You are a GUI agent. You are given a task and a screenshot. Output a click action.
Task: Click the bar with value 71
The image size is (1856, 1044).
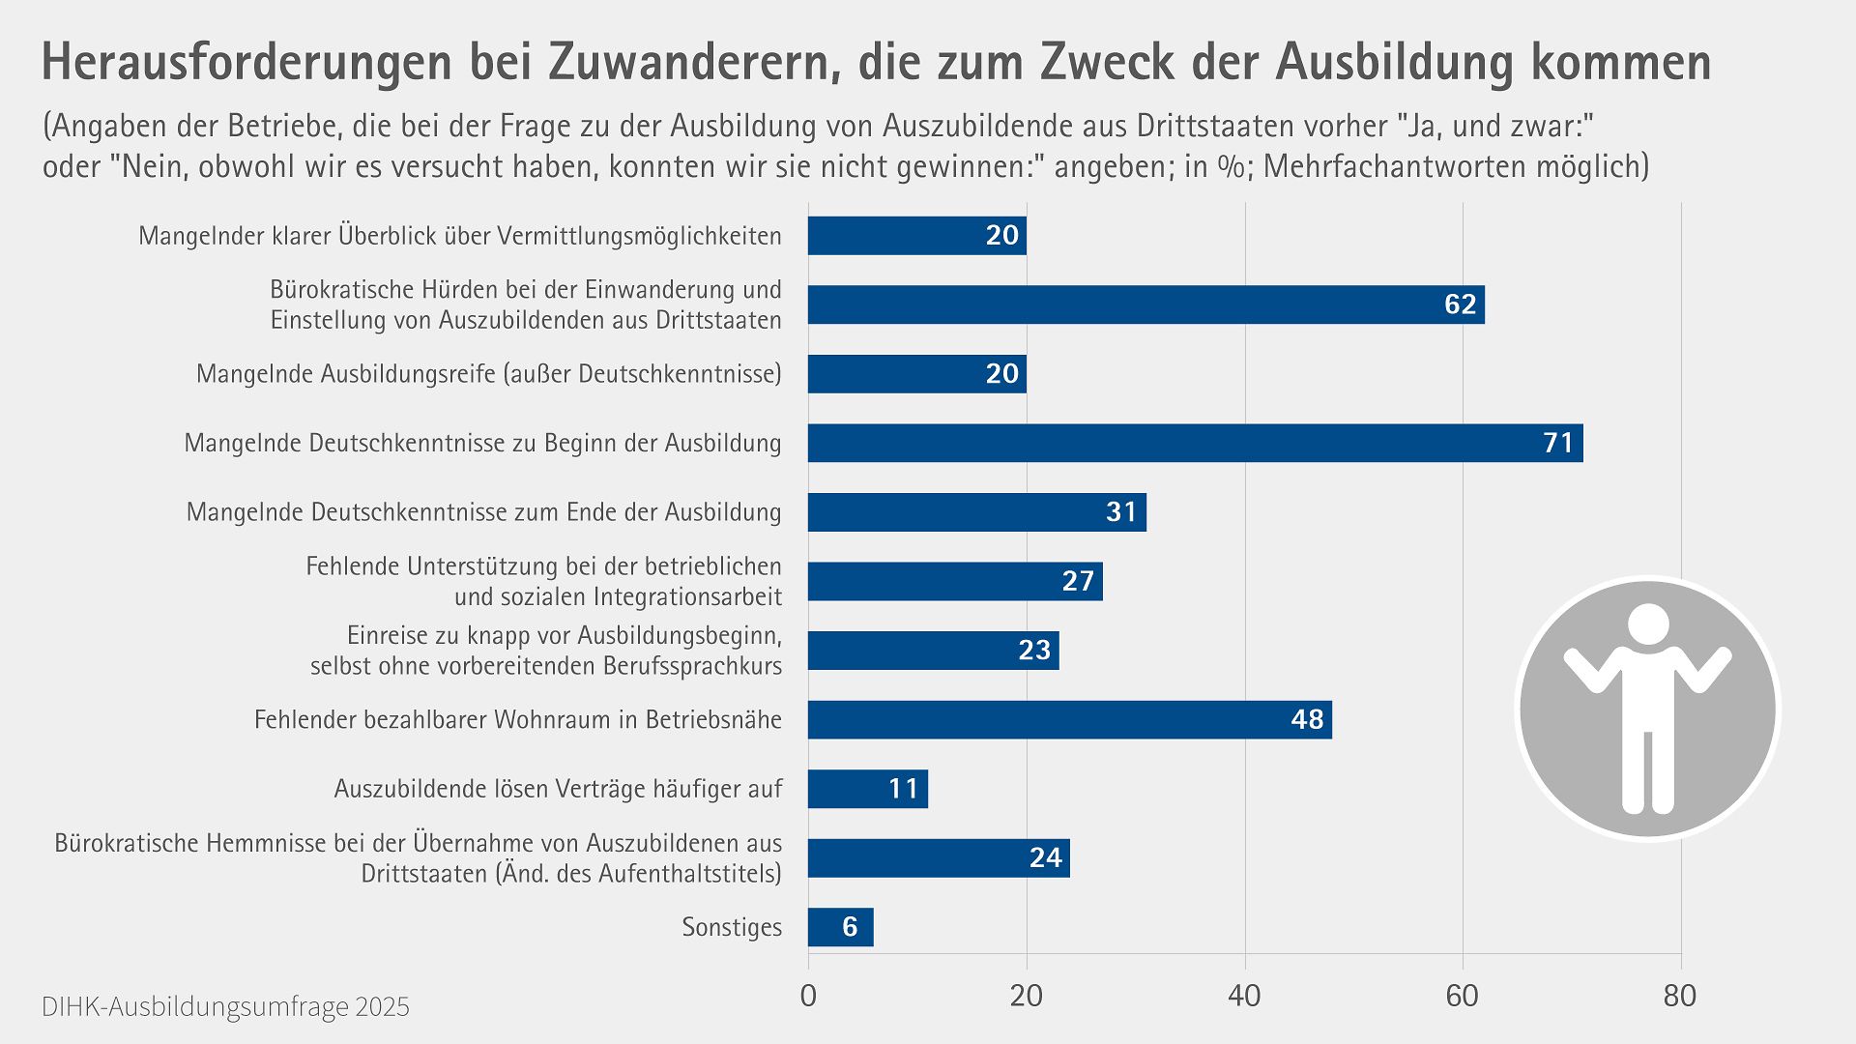pos(1195,443)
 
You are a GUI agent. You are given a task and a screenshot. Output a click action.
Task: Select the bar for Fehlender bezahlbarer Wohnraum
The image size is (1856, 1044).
pos(1069,720)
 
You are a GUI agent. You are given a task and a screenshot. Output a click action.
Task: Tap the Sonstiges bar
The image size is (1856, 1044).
pos(840,927)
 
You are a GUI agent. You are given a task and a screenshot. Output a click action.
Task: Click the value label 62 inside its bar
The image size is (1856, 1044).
pos(1460,304)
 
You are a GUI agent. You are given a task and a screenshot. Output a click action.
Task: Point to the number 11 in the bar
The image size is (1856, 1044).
pos(903,789)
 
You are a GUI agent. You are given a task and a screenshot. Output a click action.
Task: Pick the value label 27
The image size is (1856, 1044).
pos(1077,581)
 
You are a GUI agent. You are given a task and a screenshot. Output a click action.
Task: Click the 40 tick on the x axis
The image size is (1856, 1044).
pos(1244,996)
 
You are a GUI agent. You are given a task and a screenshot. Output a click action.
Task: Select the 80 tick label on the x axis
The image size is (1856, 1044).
pos(1680,996)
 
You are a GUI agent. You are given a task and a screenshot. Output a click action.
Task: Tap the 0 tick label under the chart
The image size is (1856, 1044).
pos(808,996)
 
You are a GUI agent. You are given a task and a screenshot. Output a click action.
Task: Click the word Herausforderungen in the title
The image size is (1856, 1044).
pos(246,62)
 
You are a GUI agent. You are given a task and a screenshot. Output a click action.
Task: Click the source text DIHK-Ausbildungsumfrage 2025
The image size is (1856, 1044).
pos(225,1007)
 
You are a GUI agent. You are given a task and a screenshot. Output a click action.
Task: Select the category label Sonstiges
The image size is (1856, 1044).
pos(732,927)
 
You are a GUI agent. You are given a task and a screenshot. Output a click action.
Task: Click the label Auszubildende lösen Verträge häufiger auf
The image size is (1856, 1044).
pos(558,789)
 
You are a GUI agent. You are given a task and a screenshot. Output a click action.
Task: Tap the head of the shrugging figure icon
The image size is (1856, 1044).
pos(1648,623)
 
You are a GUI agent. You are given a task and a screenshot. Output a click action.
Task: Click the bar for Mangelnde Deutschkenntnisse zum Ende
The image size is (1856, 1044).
pos(976,512)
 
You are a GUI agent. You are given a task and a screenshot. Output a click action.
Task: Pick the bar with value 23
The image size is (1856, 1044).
pos(933,651)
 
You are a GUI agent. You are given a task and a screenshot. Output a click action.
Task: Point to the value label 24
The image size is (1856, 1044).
pos(1045,858)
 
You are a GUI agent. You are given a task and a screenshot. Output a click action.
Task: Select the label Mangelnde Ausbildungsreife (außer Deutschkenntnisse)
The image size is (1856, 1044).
pos(488,374)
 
